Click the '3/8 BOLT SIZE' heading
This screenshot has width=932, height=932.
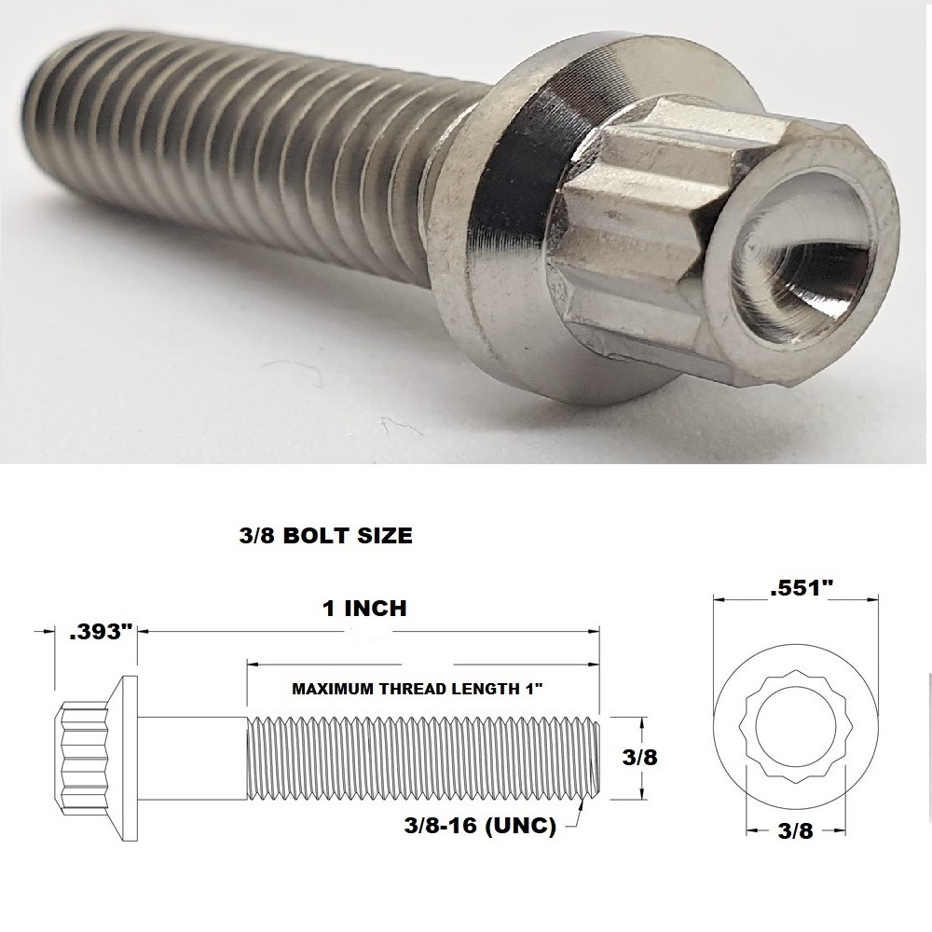pos(321,537)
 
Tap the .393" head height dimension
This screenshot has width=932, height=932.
pos(97,632)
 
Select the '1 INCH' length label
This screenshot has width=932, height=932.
pos(363,609)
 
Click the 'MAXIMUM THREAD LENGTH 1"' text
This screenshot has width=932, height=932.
pos(418,689)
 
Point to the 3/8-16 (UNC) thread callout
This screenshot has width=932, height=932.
pos(481,826)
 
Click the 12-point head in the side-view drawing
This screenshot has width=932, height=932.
pos(82,757)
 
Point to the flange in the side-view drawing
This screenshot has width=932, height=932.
pos(129,757)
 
